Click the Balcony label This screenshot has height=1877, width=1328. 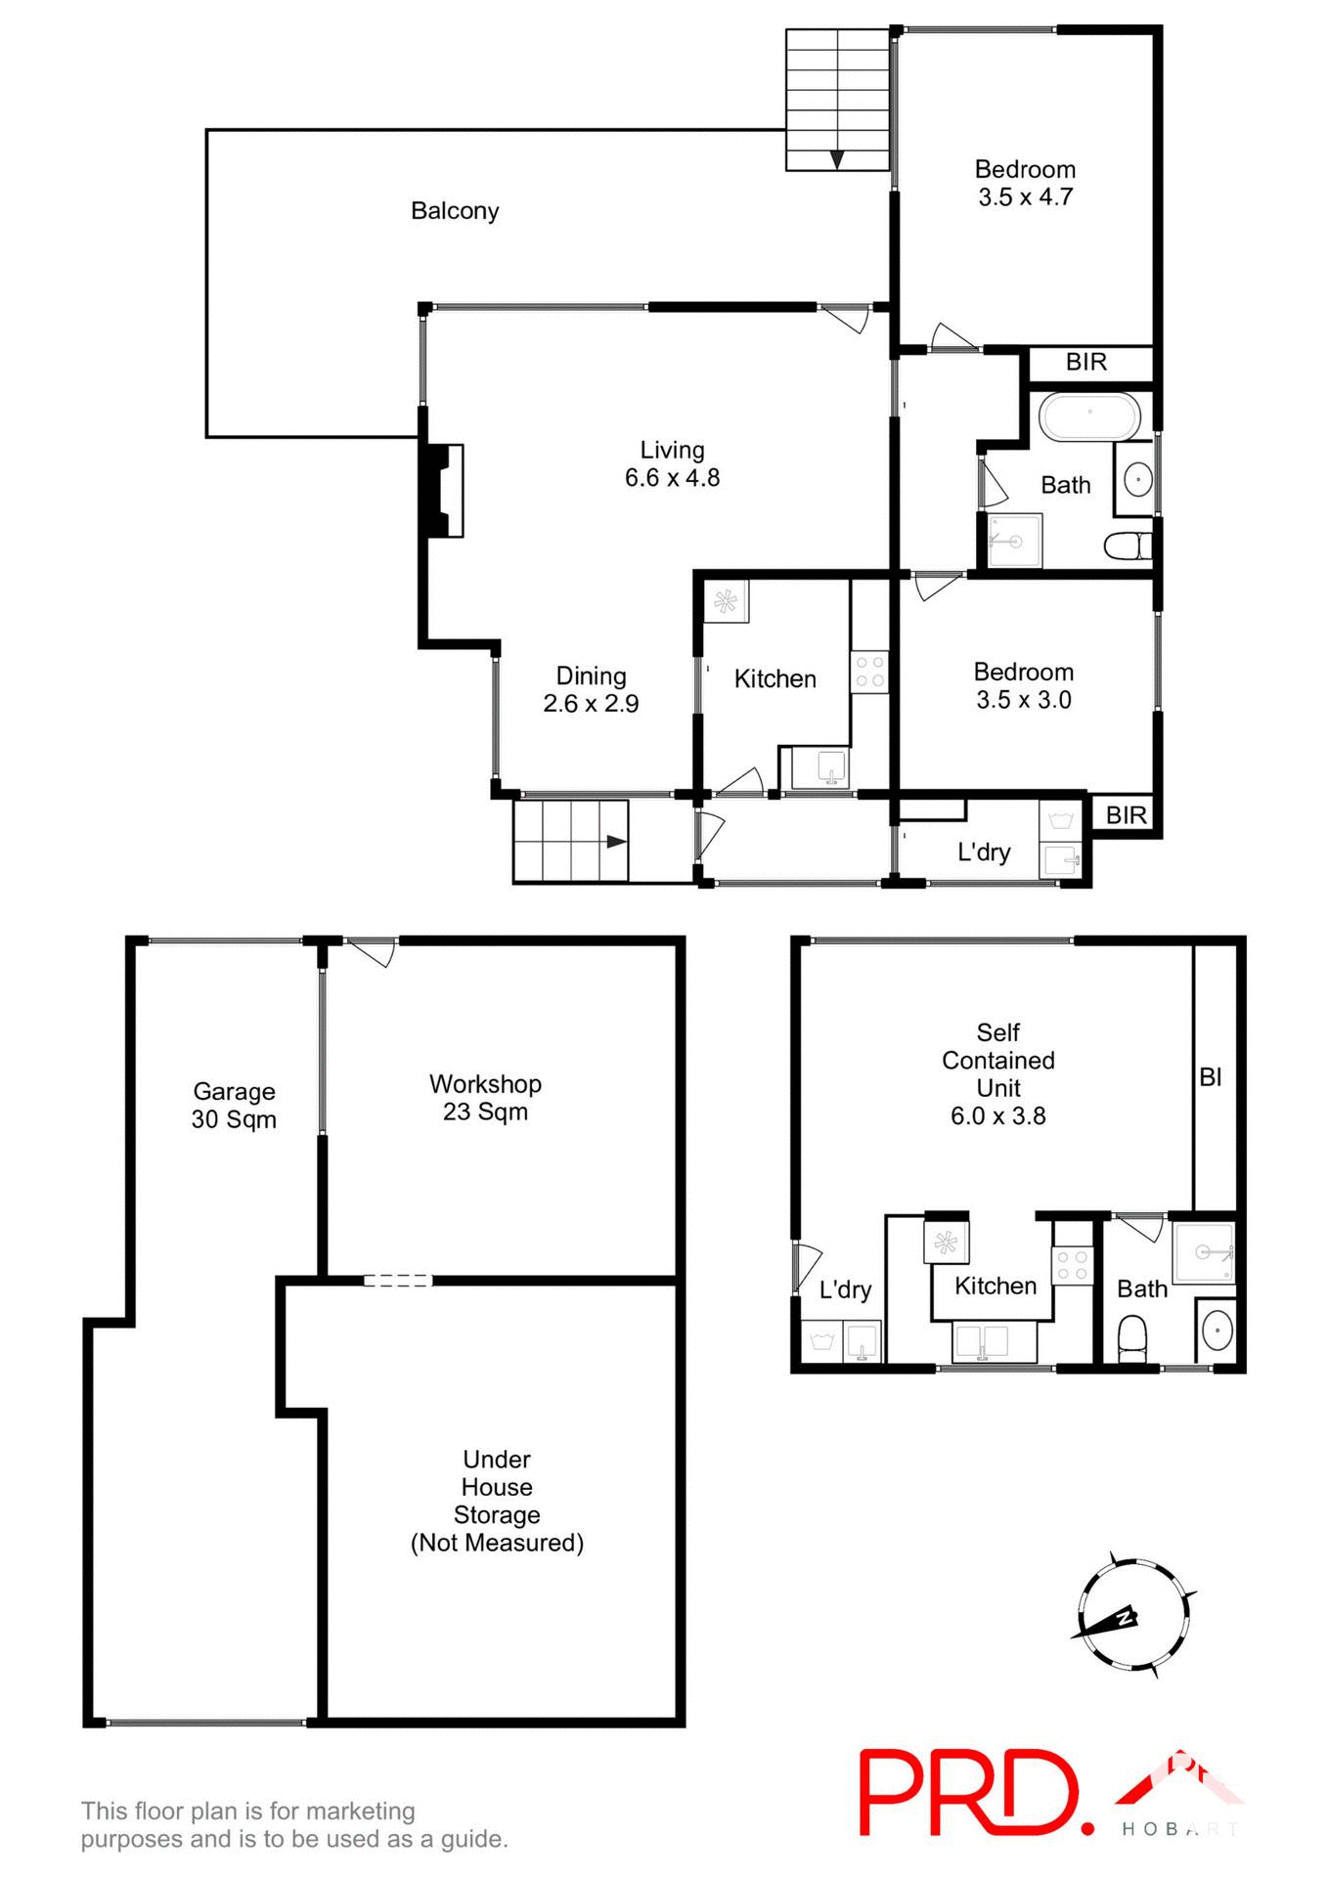coord(455,211)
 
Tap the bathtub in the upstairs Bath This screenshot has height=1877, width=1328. coord(1089,417)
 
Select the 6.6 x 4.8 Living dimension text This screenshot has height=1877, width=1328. coord(672,478)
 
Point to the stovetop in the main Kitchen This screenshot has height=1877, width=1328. coord(869,673)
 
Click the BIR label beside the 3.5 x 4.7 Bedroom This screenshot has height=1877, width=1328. coord(1085,363)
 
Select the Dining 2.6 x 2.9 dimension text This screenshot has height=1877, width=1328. coord(591,704)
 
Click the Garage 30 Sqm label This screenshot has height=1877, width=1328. coord(234,1106)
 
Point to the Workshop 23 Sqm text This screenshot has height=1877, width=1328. coord(485,1098)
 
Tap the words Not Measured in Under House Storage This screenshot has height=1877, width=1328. coord(497,1544)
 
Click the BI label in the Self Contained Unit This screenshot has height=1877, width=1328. coord(1210,1077)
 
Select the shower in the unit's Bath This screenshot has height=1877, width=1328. coord(1204,1253)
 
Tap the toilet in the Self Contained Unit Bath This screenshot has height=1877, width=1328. coord(1130,1338)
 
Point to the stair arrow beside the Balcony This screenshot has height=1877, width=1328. coord(837,159)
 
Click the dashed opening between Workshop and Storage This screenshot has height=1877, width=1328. coord(397,1280)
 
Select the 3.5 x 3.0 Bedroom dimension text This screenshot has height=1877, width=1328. coord(1023,700)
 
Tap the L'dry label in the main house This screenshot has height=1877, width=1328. coord(983,852)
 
